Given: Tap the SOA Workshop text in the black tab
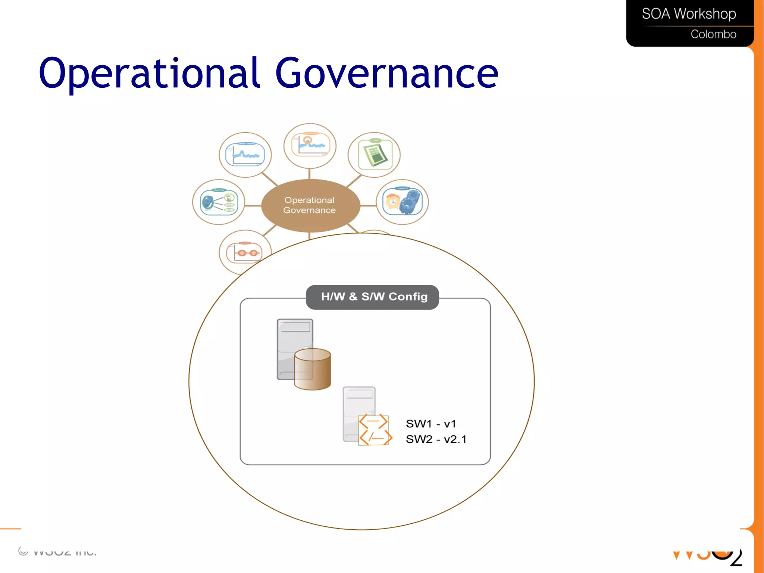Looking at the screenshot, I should (689, 14).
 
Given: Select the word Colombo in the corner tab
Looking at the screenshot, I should (713, 34).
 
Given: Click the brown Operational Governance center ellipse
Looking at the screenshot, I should (310, 205).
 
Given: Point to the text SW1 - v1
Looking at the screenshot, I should (431, 424).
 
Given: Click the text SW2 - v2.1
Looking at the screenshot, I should (436, 439).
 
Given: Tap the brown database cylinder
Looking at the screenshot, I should (313, 369).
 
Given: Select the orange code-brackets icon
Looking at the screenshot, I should (375, 430).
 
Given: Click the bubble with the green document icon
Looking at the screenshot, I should (374, 155).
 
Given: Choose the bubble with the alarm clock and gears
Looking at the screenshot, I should (402, 202).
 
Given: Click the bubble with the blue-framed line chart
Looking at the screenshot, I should (245, 155).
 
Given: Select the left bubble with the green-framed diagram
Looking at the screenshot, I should (219, 202).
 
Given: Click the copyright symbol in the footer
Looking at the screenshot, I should (23, 551).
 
